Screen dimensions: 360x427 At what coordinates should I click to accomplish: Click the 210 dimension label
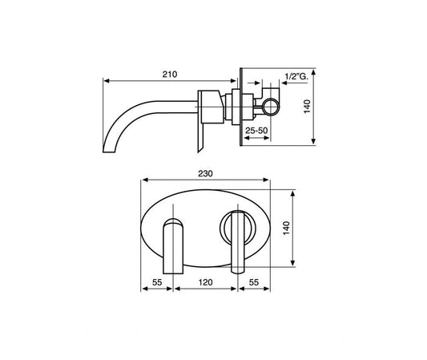click(x=169, y=73)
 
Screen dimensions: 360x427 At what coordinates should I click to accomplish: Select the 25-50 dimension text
click(x=256, y=130)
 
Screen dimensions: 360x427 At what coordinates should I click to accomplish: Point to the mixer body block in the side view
click(x=209, y=103)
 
